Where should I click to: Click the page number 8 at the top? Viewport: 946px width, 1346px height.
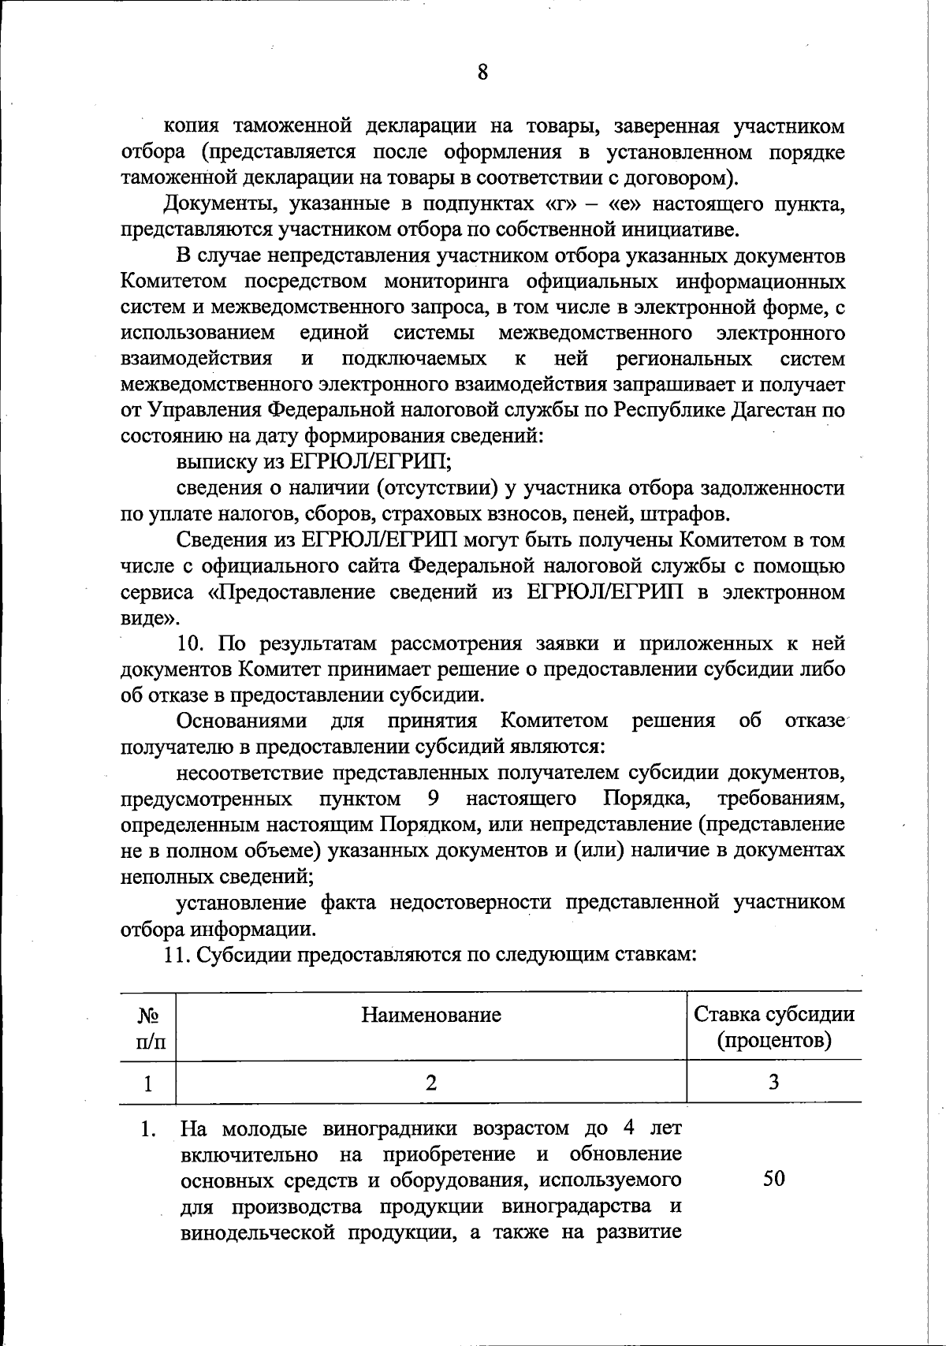tap(482, 73)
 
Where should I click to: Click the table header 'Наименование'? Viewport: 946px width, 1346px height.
tap(431, 1015)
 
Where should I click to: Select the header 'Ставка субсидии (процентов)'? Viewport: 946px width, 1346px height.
tap(773, 1027)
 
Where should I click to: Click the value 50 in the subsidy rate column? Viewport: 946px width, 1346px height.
tap(774, 1179)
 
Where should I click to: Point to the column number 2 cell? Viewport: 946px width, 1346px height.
tap(430, 1082)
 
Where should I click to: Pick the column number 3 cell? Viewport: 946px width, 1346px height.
tap(774, 1082)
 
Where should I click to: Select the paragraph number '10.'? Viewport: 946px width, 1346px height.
tap(192, 643)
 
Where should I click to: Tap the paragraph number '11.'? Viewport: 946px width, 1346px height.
tap(177, 955)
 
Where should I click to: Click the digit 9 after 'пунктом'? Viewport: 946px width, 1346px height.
tap(433, 799)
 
